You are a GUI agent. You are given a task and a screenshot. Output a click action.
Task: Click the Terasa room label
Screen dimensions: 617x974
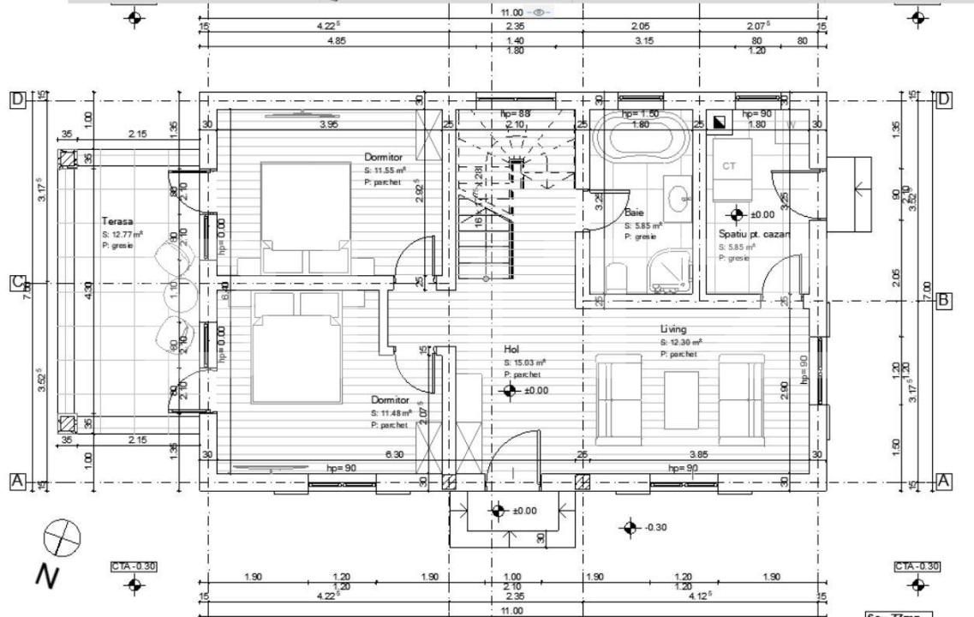pos(115,221)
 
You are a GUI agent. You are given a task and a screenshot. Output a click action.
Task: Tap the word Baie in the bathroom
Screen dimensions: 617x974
pos(633,212)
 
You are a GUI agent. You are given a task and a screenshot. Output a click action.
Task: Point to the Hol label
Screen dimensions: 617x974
pos(511,350)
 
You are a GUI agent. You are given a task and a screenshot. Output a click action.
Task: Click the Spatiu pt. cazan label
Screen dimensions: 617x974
pos(754,234)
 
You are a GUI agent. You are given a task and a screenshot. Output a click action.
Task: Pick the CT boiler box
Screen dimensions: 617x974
pos(730,165)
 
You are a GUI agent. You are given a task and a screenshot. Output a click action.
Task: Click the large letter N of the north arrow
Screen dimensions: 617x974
pos(49,575)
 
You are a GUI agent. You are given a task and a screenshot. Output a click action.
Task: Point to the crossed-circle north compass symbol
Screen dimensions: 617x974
pos(62,537)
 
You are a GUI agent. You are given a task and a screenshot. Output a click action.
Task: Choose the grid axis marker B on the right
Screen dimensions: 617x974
pos(943,301)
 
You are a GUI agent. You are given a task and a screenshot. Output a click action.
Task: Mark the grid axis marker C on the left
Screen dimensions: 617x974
pos(16,284)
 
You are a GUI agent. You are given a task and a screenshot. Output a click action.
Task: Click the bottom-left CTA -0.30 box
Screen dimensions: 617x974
pos(133,566)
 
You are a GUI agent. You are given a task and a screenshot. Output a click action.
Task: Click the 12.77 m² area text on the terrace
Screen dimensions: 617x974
pos(122,234)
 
